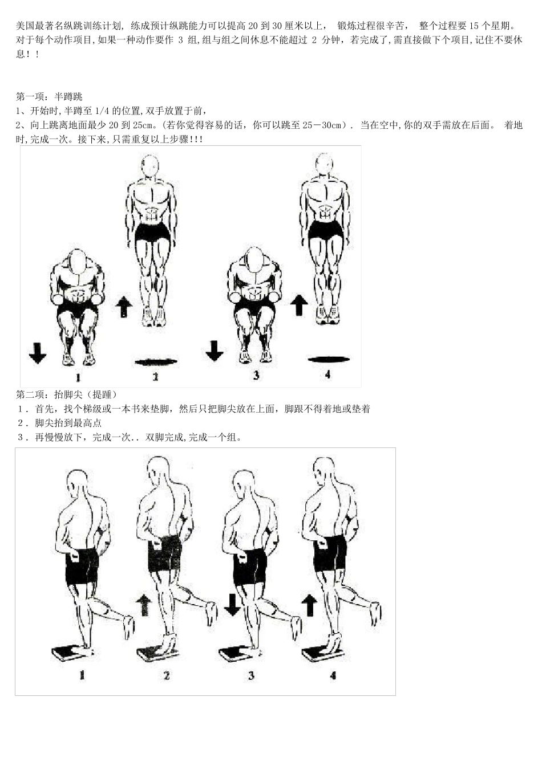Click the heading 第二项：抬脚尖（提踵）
[67, 394]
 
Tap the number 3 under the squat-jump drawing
[256, 375]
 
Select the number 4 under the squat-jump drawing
[327, 375]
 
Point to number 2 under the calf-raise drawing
[167, 676]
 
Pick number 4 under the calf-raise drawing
[333, 676]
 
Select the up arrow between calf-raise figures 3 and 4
[310, 605]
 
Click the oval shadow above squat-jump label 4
[328, 359]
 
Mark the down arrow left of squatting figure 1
[38, 352]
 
